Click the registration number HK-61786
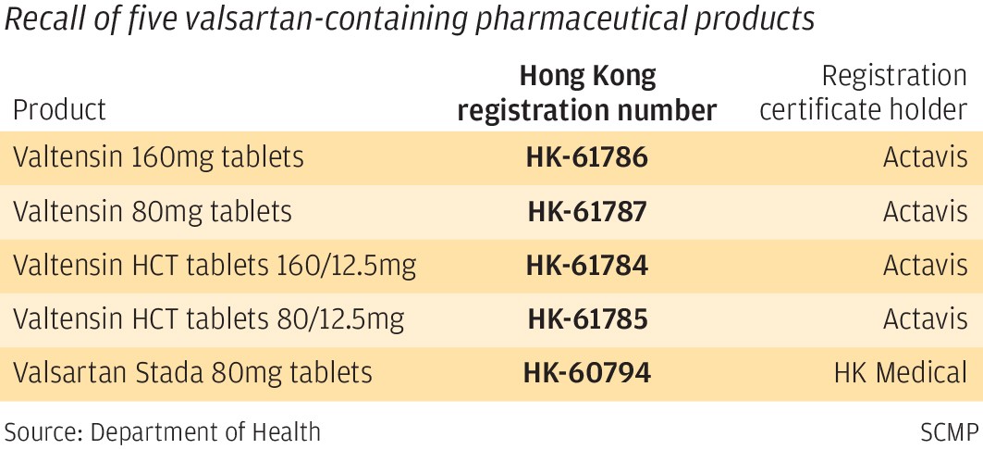(586, 157)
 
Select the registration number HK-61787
(586, 212)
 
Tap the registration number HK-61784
(586, 266)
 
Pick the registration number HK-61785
(586, 319)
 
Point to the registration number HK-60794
(586, 373)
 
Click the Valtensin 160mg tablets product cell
(158, 157)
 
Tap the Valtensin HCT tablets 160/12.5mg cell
(215, 266)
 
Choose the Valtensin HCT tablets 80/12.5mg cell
(209, 319)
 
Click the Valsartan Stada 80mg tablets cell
(192, 373)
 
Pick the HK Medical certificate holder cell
(900, 373)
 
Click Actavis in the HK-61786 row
(925, 157)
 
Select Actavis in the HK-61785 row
(925, 319)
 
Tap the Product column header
(59, 110)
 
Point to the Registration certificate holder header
(863, 93)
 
